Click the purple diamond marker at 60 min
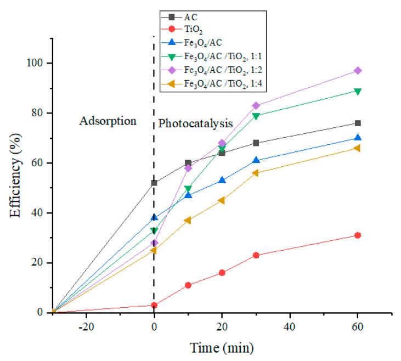point(358,71)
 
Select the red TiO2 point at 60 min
point(358,235)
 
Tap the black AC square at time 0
point(154,183)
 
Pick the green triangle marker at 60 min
point(358,91)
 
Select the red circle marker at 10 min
point(188,285)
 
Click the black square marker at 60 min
point(358,123)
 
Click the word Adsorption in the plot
point(108,121)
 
